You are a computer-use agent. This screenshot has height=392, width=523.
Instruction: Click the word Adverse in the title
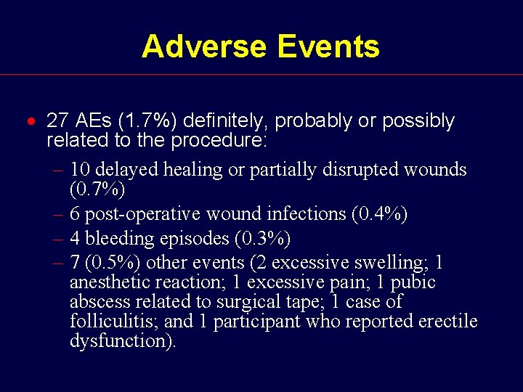point(204,46)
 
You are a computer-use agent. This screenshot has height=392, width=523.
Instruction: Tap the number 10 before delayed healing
point(81,170)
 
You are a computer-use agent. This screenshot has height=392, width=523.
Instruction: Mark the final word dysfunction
point(121,341)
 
